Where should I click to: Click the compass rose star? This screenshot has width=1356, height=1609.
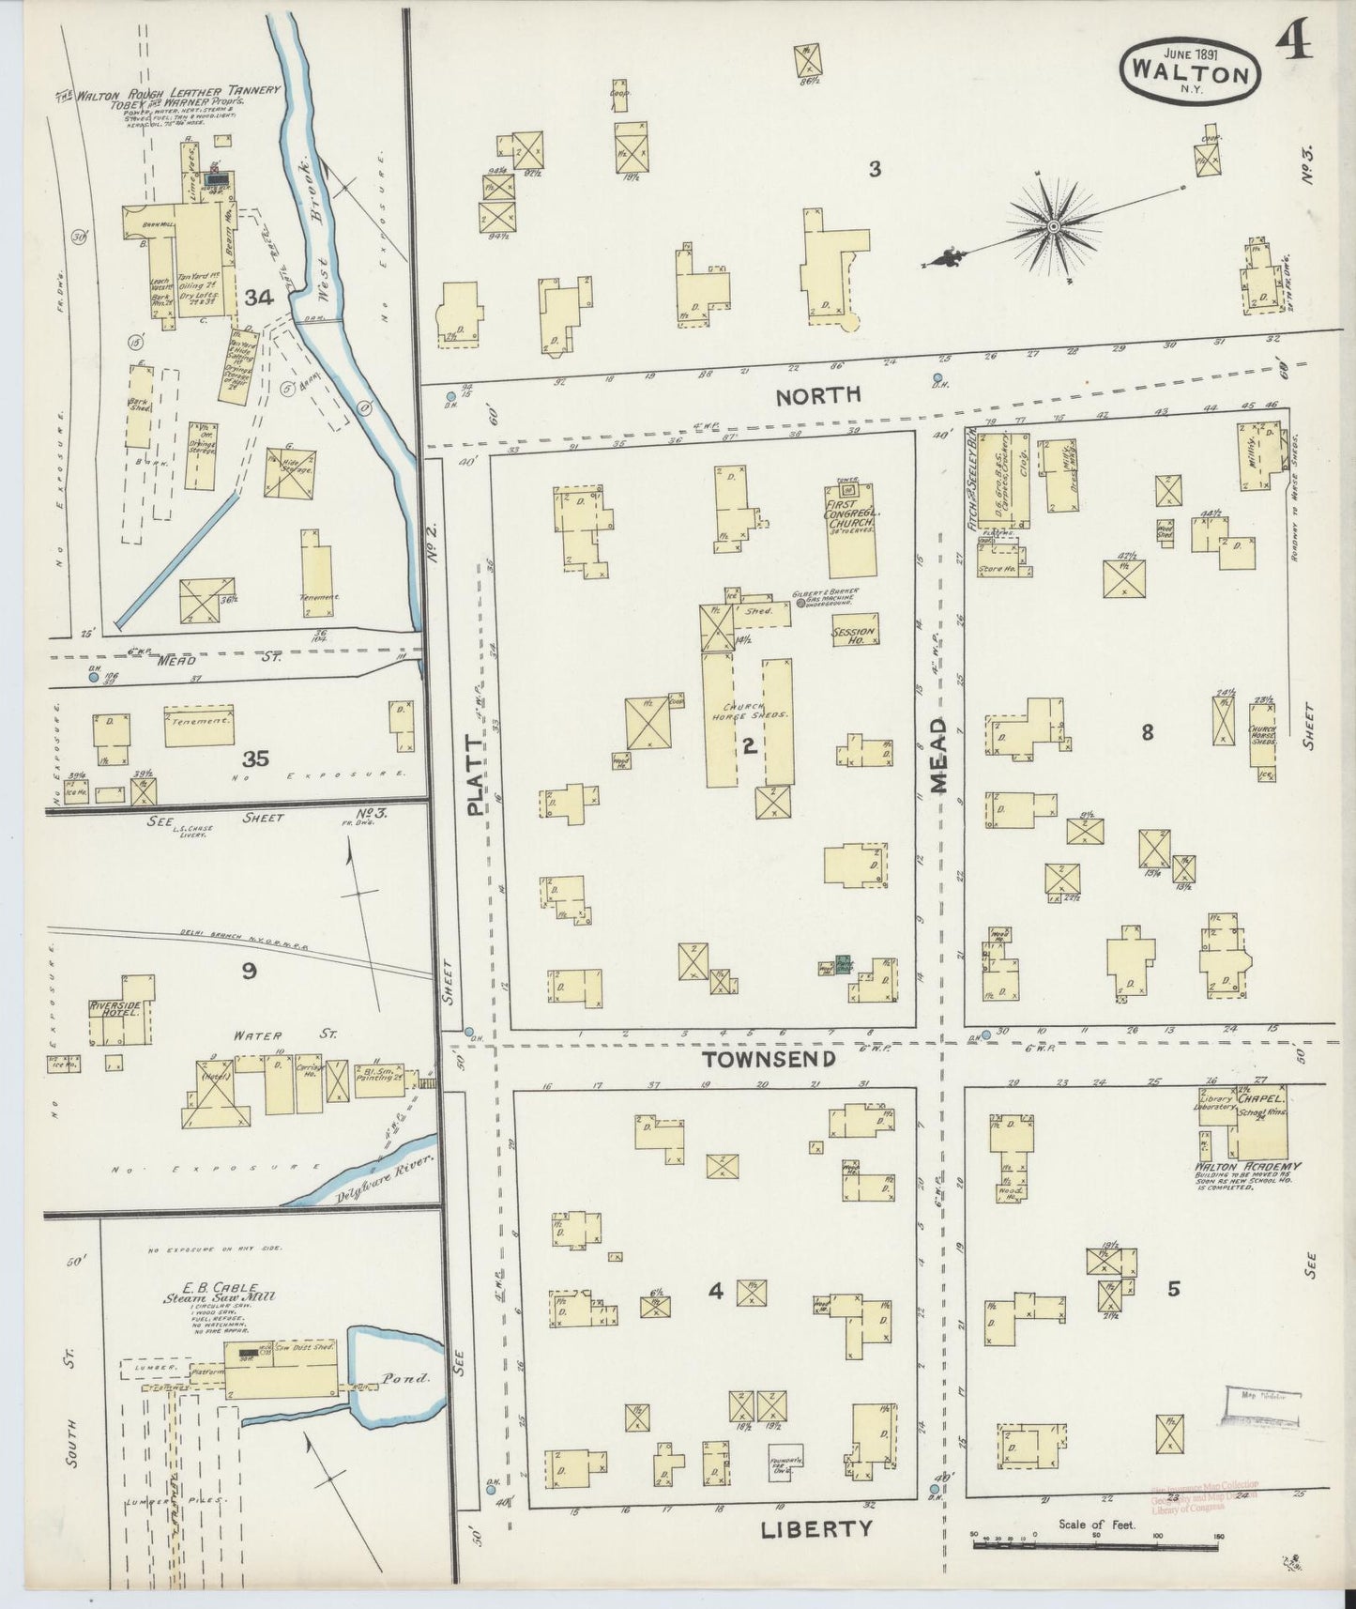(x=1054, y=226)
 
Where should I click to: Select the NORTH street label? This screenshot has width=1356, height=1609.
(x=817, y=395)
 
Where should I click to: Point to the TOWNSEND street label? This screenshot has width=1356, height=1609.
(x=769, y=1059)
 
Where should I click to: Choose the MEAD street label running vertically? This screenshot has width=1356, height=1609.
(x=939, y=757)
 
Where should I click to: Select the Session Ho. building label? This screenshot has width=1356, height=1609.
(x=854, y=636)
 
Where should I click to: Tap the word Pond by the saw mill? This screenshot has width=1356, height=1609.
(x=404, y=1378)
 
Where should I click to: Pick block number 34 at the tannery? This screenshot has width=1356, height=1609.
(x=258, y=298)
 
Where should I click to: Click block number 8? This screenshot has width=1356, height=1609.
(x=1147, y=733)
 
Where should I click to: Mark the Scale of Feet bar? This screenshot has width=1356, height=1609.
(x=1096, y=1542)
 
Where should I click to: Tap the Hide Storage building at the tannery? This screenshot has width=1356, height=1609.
(x=290, y=472)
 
